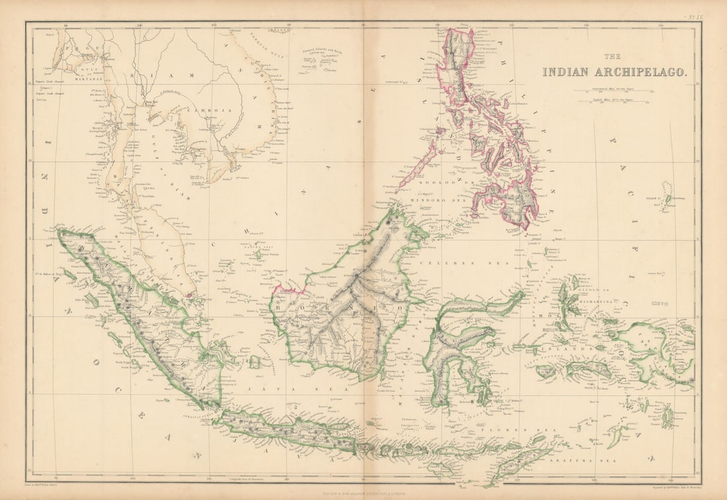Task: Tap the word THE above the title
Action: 615,56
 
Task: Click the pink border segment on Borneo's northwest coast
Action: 286,290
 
